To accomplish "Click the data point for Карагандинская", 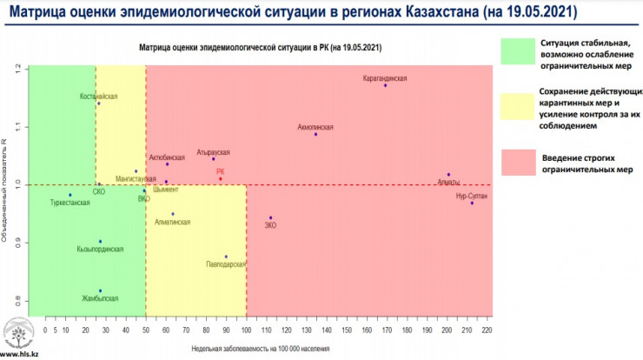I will pyautogui.click(x=385, y=85).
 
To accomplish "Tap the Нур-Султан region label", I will pyautogui.click(x=472, y=196).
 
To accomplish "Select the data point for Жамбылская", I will pyautogui.click(x=101, y=290).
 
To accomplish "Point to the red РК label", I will pyautogui.click(x=221, y=171).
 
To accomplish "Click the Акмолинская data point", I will pyautogui.click(x=315, y=134).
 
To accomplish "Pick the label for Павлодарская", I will pyautogui.click(x=226, y=263).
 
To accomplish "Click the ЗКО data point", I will pyautogui.click(x=270, y=217).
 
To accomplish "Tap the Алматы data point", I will pyautogui.click(x=448, y=175).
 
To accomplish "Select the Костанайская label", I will pyautogui.click(x=98, y=96).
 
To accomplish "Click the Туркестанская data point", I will pyautogui.click(x=70, y=195).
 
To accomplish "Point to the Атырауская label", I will pyautogui.click(x=213, y=151).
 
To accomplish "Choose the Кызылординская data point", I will pyautogui.click(x=101, y=241).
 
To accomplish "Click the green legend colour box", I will pyautogui.click(x=516, y=50).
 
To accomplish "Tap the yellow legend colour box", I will pyautogui.click(x=516, y=108).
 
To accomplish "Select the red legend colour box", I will pyautogui.click(x=516, y=163).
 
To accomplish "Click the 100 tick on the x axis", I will pyautogui.click(x=247, y=330).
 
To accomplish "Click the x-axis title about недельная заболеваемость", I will pyautogui.click(x=261, y=348).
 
